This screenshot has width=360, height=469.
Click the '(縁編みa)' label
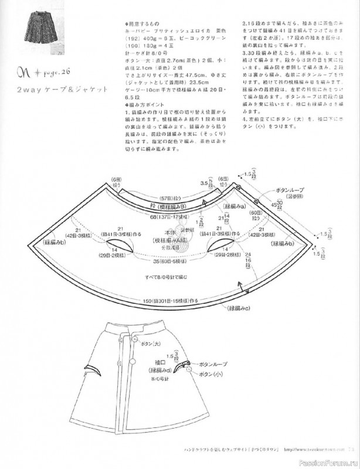(x=235, y=207)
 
